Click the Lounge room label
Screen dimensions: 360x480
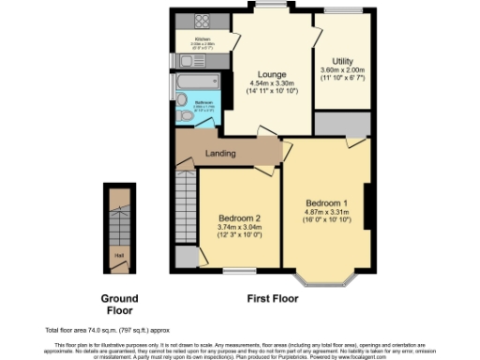point(273,74)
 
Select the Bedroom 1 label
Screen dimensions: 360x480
point(326,203)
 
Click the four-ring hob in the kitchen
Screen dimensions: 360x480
point(202,21)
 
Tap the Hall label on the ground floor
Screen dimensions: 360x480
point(118,253)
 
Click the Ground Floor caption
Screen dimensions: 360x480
point(119,303)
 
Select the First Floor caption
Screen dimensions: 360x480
point(273,299)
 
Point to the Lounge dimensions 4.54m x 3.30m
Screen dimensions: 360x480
point(273,83)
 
